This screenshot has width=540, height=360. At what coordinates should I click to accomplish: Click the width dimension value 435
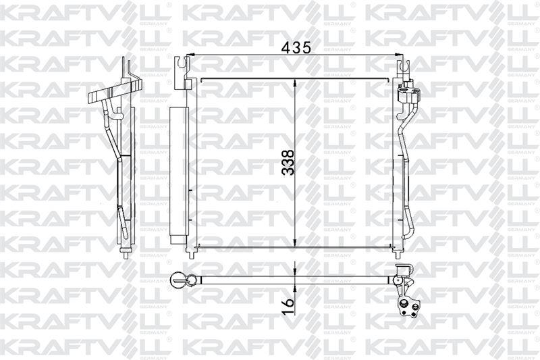point(296,47)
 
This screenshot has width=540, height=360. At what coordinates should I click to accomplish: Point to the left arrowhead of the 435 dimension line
point(190,55)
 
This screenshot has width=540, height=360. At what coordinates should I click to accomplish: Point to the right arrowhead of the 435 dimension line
point(399,55)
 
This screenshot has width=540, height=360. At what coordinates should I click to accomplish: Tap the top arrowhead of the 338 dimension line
point(295,83)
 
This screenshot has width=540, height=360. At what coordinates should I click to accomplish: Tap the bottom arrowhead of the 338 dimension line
point(295,242)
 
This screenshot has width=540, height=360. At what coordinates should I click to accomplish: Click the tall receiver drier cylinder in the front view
point(178,176)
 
